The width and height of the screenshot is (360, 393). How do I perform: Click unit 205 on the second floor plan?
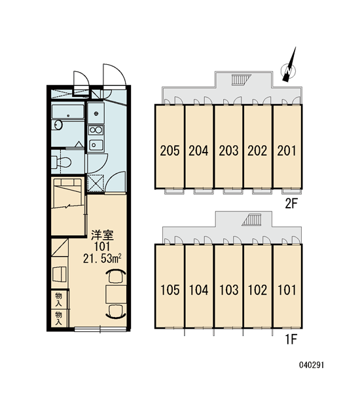[170, 146]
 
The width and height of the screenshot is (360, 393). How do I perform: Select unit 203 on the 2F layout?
[228, 146]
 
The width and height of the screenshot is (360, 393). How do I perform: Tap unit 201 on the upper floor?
[287, 146]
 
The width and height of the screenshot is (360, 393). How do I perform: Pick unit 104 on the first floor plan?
[199, 286]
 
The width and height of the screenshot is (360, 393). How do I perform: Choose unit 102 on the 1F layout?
[258, 286]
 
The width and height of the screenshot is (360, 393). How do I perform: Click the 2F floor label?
[291, 204]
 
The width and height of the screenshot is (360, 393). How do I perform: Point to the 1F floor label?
[291, 339]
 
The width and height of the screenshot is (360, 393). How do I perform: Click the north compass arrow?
[289, 65]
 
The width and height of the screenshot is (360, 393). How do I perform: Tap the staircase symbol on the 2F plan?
[241, 80]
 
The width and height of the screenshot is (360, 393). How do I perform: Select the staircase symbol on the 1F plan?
[252, 219]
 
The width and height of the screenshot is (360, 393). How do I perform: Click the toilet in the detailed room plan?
[61, 162]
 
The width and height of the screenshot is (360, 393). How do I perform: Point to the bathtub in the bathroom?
[67, 111]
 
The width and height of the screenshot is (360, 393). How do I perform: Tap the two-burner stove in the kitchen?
[96, 130]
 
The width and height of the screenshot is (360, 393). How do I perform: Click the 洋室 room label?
[102, 235]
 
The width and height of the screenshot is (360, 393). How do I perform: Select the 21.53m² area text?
[103, 259]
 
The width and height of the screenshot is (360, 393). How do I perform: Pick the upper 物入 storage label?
[59, 299]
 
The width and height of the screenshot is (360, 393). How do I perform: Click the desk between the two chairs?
[116, 293]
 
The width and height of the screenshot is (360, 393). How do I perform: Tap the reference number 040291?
[312, 365]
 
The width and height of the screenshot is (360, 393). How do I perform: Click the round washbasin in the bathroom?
[58, 125]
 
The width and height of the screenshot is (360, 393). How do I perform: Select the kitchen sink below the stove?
[96, 145]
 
